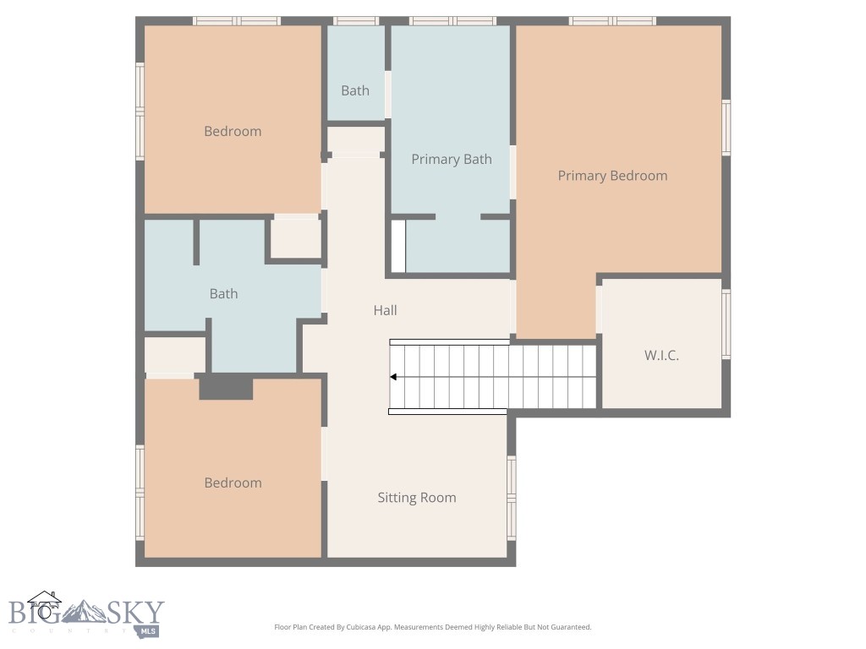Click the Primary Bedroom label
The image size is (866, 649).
tap(612, 176)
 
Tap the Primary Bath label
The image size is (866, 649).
tap(451, 159)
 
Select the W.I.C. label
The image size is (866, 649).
tap(661, 356)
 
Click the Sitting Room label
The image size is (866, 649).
tap(416, 498)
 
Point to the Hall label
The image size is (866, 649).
tap(385, 310)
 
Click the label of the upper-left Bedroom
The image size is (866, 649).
tap(233, 131)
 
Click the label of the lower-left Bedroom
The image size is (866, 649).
tap(233, 483)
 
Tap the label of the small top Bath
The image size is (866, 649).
tap(355, 90)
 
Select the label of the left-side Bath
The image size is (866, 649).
tap(223, 293)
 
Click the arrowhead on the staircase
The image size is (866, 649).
tap(394, 377)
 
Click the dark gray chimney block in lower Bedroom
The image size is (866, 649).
tap(226, 388)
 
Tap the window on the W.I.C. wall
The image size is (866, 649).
tap(726, 324)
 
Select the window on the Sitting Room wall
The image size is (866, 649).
tap(511, 498)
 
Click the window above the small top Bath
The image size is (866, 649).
tap(355, 20)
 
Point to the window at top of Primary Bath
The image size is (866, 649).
tap(452, 20)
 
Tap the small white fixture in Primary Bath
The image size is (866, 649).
tap(397, 247)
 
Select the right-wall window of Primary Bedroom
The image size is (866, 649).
tap(726, 128)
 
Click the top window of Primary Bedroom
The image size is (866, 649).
tap(612, 20)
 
